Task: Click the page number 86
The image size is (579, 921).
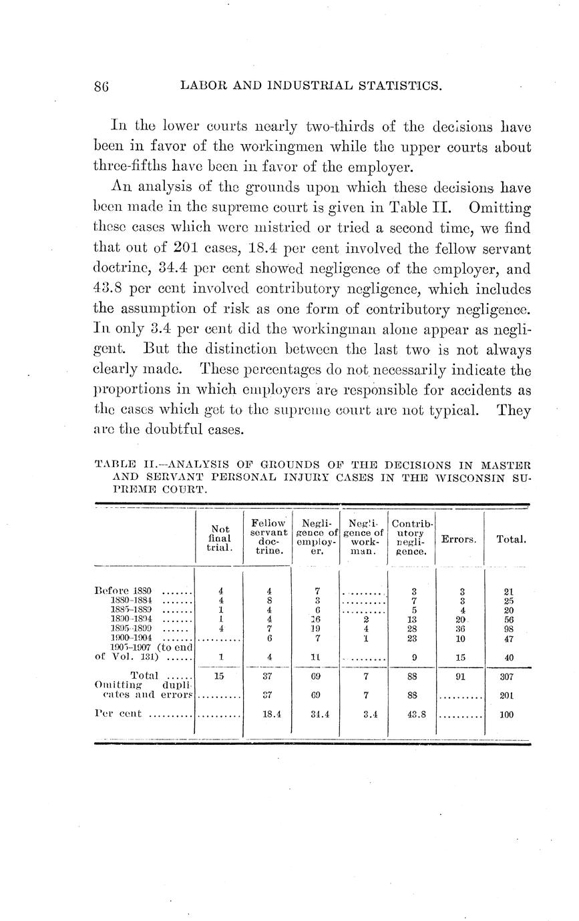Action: (102, 86)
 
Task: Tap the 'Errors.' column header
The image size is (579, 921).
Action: (458, 539)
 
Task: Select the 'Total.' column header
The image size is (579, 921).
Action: (508, 539)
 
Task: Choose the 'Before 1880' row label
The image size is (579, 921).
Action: (124, 591)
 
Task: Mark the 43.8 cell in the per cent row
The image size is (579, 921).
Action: (411, 714)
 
